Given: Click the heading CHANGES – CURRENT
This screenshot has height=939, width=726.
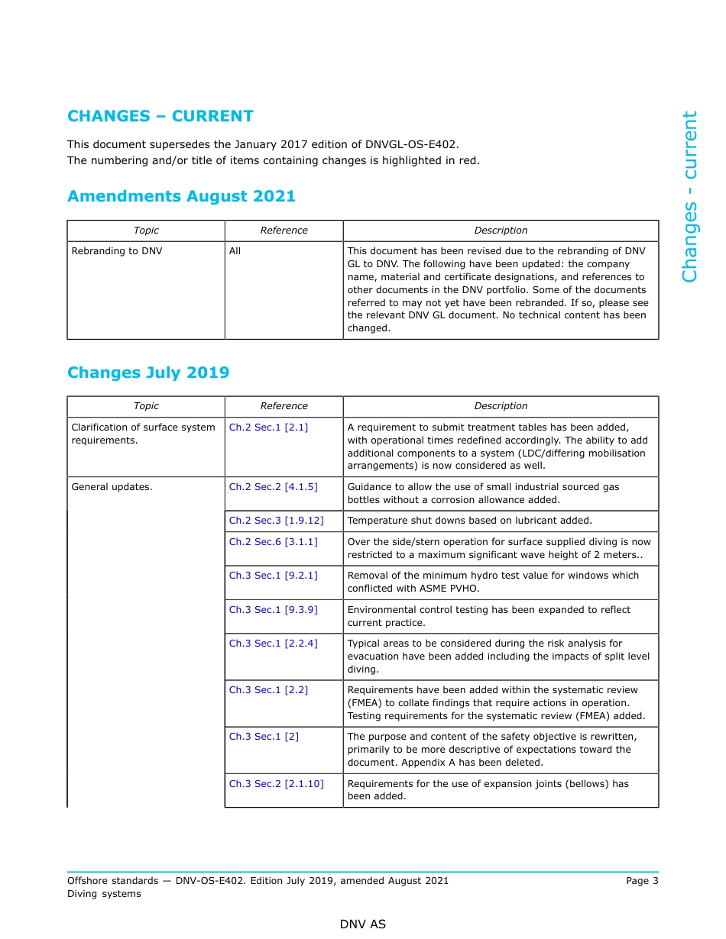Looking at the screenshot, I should click(160, 116).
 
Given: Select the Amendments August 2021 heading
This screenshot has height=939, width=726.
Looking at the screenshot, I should click(181, 196).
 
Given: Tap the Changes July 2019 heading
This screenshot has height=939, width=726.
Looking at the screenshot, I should click(148, 373).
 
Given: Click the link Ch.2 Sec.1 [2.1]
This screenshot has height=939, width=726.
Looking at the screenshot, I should click(268, 428).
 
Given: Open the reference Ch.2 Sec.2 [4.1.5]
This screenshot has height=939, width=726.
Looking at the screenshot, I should click(273, 487).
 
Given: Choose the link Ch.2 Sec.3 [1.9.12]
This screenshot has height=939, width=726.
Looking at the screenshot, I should click(276, 521).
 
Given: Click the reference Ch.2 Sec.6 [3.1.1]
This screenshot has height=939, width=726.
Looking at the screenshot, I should click(273, 541).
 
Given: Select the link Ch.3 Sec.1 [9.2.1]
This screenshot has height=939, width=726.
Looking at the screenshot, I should click(273, 576).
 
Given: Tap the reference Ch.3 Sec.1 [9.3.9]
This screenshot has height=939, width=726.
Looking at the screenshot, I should click(273, 610).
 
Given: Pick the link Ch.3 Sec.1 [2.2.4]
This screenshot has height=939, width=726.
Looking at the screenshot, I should click(273, 644).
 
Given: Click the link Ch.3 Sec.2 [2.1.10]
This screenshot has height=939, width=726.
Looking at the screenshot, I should click(276, 784).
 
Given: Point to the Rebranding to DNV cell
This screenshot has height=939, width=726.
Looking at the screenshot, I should click(117, 251).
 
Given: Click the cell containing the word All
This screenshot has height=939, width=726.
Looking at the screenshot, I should click(235, 251).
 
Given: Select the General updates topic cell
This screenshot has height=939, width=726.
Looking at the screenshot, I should click(112, 487).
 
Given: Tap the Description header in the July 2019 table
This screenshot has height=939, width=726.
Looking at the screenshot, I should click(501, 406).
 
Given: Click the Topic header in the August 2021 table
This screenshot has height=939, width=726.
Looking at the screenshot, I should click(146, 231).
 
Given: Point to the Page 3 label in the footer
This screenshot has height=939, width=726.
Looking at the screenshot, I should click(641, 881).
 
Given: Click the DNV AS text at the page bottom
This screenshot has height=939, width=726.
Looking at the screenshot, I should click(363, 924).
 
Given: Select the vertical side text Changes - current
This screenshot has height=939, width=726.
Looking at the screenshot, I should click(689, 197).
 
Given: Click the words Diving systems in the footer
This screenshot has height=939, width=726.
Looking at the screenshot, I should click(104, 894).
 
